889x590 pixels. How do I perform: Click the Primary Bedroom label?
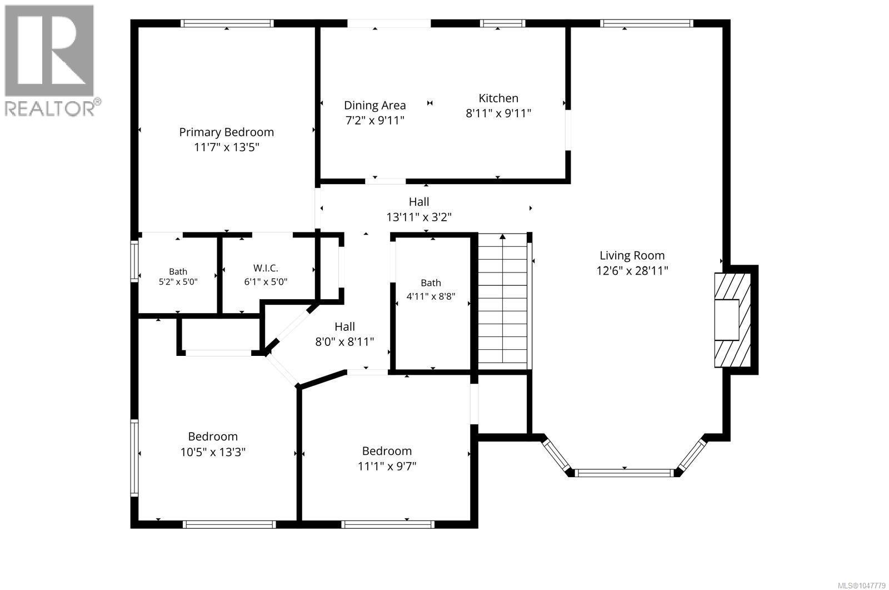click(226, 132)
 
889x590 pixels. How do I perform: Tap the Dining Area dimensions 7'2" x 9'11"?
click(374, 120)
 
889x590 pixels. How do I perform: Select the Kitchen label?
click(498, 98)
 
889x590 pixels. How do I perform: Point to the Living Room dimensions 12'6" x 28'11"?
click(632, 271)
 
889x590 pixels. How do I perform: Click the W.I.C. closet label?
click(266, 268)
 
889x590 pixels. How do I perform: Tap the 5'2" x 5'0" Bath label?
click(178, 277)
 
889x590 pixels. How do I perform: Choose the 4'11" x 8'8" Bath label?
click(431, 290)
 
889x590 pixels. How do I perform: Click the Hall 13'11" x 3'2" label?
click(419, 210)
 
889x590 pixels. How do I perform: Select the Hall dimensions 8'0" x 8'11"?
click(344, 341)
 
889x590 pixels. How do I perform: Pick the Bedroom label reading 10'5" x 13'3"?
click(213, 444)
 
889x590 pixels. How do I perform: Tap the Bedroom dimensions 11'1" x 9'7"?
click(387, 466)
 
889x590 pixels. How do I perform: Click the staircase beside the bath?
click(502, 299)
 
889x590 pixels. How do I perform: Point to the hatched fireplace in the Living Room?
click(733, 320)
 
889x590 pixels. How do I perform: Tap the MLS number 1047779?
click(861, 586)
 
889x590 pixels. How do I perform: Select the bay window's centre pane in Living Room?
click(625, 473)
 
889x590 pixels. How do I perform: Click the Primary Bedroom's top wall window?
click(227, 23)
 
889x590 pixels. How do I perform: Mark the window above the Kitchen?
click(502, 23)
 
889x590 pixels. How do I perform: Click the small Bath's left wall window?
click(134, 261)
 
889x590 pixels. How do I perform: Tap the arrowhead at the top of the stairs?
click(502, 236)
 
